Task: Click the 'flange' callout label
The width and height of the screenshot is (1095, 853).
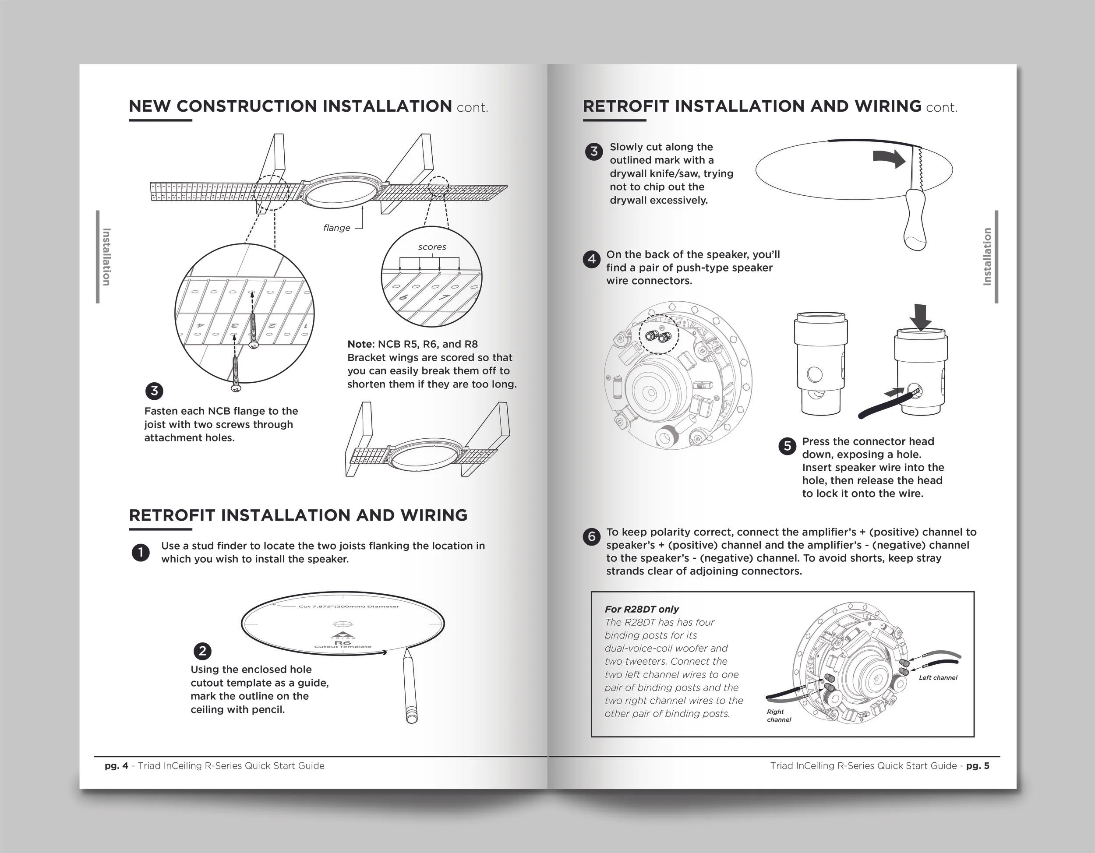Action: click(x=336, y=228)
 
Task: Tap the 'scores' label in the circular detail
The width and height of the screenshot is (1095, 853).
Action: click(x=432, y=247)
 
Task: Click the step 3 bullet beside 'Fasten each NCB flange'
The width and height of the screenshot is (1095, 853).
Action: click(x=155, y=391)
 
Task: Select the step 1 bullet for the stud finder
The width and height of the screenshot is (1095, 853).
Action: click(x=141, y=552)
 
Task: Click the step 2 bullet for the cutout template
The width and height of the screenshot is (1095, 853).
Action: click(x=202, y=651)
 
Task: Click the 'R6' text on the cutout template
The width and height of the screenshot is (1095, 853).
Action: click(x=343, y=642)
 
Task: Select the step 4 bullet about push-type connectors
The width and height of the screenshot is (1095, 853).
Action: click(x=592, y=259)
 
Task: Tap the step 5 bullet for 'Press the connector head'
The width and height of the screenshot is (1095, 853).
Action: click(x=787, y=446)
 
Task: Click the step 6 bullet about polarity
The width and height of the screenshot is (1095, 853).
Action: click(x=592, y=537)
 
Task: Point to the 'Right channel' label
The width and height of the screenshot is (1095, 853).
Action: click(x=778, y=716)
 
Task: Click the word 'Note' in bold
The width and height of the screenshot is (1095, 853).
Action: click(x=360, y=344)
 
